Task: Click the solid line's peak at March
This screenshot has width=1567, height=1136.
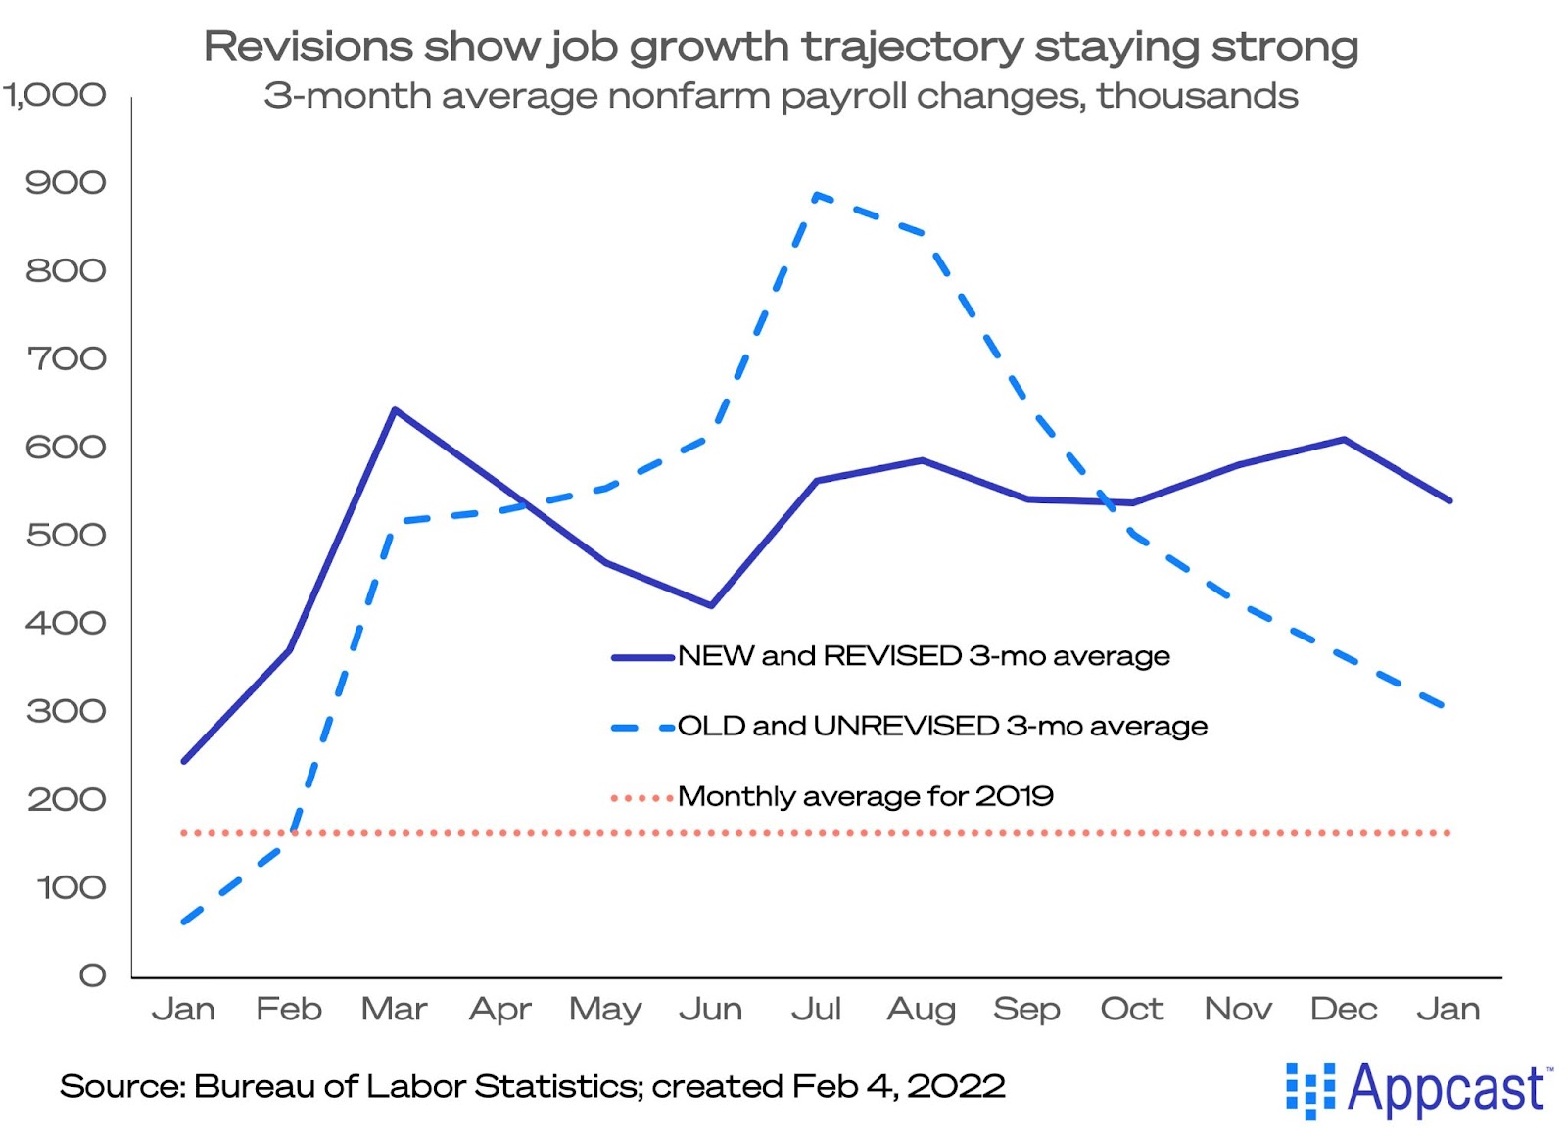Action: tap(395, 410)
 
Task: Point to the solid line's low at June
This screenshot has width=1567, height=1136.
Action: tap(711, 605)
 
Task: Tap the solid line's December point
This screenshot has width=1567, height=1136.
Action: tap(1344, 440)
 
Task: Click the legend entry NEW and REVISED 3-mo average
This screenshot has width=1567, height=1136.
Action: tap(923, 656)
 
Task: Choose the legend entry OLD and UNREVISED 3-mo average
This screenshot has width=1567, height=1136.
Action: tap(941, 727)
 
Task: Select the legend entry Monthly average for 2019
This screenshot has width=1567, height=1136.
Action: tap(865, 796)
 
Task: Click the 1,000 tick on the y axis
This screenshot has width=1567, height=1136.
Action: tap(55, 95)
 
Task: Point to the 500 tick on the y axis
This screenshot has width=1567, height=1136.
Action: tap(66, 535)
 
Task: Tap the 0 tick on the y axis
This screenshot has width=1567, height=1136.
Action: tap(92, 975)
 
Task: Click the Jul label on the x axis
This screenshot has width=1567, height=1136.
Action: tap(816, 1009)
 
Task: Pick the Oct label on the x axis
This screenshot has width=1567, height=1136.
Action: tap(1132, 1009)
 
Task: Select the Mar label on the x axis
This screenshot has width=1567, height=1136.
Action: tap(394, 1009)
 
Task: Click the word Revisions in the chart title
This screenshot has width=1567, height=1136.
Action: tap(309, 46)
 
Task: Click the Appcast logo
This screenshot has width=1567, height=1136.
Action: tap(1418, 1089)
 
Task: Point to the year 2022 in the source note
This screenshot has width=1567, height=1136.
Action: tap(956, 1086)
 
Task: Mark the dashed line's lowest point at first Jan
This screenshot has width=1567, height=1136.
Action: tap(184, 922)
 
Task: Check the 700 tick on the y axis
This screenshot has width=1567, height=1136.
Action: tap(66, 358)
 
